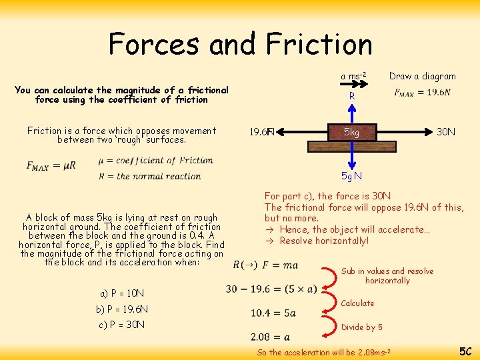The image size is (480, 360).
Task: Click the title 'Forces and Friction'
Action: point(240,44)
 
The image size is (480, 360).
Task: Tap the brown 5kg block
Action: point(351,132)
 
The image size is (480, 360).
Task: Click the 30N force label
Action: point(446,132)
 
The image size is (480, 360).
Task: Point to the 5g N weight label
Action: point(351,176)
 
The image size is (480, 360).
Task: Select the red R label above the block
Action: point(352,97)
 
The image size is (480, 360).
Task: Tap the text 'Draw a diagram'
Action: point(423,76)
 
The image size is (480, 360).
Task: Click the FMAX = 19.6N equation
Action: point(422,93)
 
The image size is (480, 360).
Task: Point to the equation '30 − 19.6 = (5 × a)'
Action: point(272,289)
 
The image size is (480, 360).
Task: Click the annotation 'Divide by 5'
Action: point(362,327)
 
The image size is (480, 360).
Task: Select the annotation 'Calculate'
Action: point(358,303)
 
